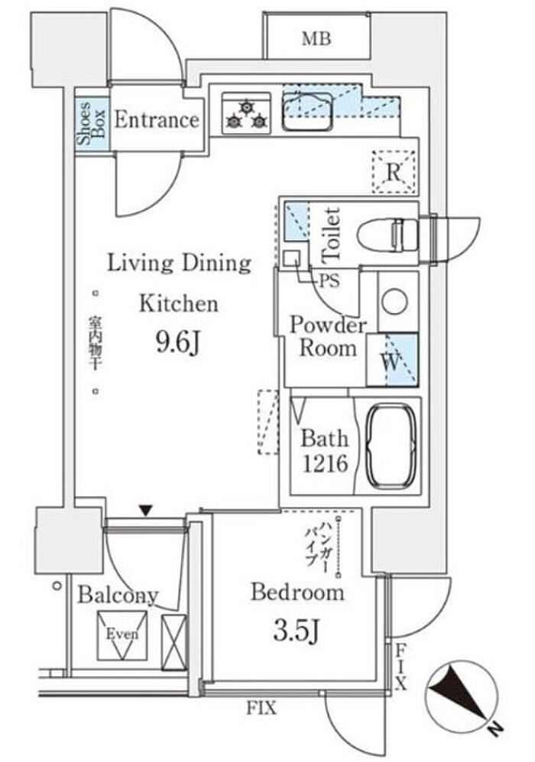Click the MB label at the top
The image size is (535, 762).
(x=316, y=39)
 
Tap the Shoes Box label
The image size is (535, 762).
(x=91, y=123)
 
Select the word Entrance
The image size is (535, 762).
(x=157, y=119)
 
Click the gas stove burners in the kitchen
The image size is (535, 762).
(x=246, y=113)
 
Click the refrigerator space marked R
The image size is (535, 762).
(x=394, y=172)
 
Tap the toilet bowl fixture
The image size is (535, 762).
(x=387, y=234)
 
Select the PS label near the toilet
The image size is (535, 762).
(x=329, y=280)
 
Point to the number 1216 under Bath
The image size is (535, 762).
(x=325, y=464)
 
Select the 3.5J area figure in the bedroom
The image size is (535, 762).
(x=297, y=631)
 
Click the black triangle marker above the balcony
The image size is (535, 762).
(x=146, y=511)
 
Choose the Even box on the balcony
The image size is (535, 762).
(x=122, y=634)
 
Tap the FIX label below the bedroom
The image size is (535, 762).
(x=261, y=708)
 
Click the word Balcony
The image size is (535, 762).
(x=118, y=595)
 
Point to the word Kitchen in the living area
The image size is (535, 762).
(x=179, y=304)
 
